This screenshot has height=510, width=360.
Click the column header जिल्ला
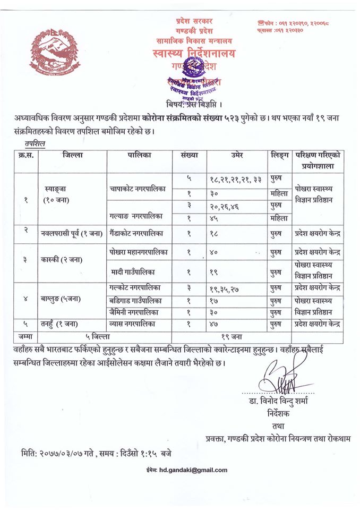point(72,156)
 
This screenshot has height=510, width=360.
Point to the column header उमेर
point(237,156)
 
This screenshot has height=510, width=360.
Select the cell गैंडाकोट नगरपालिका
point(139,233)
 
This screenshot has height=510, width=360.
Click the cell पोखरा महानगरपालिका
point(139,253)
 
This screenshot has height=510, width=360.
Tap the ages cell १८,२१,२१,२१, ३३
point(237,180)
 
